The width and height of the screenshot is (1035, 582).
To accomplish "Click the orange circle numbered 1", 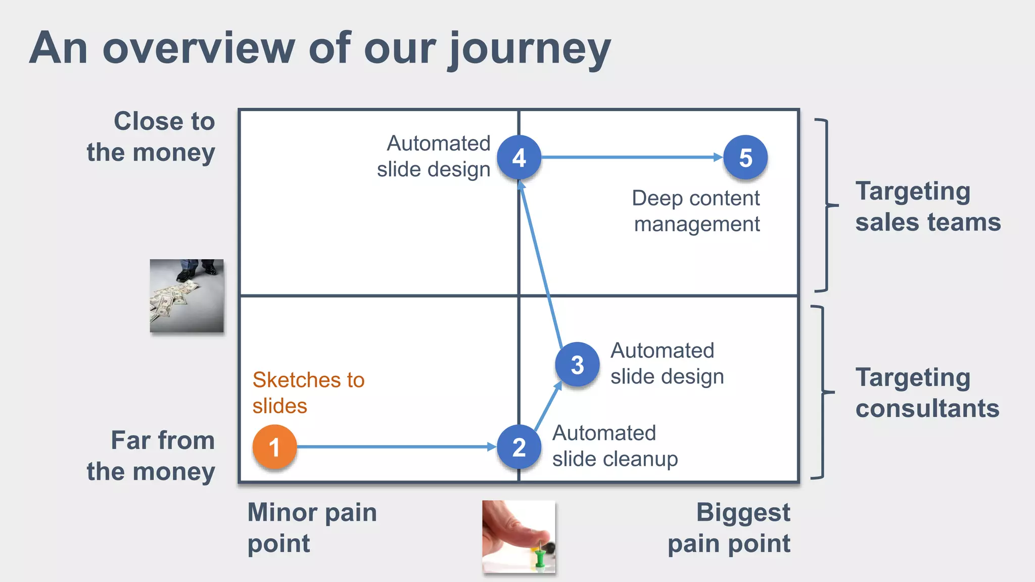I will [274, 447].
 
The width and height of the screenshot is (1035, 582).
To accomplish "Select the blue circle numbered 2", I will [519, 447].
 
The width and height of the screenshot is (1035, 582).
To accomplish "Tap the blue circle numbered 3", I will [577, 364].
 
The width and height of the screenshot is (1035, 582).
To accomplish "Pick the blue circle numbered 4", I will [519, 158].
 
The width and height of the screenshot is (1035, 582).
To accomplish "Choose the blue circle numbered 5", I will [745, 158].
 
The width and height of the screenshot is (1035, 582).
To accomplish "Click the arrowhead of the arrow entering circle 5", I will [718, 157].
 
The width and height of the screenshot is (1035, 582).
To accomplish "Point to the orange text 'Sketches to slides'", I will [308, 393].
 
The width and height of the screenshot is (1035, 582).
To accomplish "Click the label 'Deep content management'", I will [696, 211].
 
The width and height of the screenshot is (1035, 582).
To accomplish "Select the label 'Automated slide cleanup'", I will [615, 446].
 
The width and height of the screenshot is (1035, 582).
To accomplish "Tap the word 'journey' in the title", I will [530, 49].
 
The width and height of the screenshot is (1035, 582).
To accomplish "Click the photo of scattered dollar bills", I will [186, 296].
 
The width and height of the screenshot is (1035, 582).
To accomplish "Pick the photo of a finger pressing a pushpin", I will [519, 537].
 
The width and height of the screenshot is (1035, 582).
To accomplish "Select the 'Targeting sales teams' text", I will [927, 206].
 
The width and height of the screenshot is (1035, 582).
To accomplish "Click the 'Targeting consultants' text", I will [927, 393].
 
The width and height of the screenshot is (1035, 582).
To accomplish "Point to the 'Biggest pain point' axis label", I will [729, 528].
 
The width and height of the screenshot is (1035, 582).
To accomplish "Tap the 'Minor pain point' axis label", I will [312, 528].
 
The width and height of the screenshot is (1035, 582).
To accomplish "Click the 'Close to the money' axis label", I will [151, 136].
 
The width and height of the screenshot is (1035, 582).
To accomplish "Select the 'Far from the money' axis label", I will [151, 456].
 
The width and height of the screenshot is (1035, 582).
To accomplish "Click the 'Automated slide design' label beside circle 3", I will [667, 363].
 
